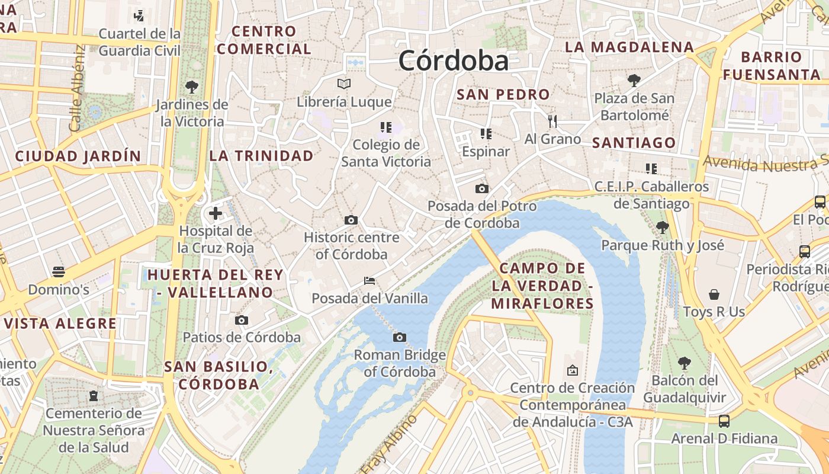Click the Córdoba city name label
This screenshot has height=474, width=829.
[x=453, y=60]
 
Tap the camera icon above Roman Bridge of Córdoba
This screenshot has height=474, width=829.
[x=400, y=337]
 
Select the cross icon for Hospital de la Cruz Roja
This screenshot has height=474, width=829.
[x=216, y=213]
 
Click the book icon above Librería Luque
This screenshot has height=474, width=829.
[x=344, y=84]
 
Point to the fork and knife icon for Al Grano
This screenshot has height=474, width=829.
[x=552, y=121]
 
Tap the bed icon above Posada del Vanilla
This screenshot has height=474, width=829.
[x=369, y=280]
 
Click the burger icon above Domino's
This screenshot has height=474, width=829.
[x=58, y=272]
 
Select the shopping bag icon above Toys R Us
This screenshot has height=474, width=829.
[x=714, y=294]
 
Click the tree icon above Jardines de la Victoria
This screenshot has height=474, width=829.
[x=191, y=87]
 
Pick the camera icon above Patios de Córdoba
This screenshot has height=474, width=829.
[x=241, y=320]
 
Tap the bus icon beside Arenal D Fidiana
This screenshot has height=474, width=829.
[x=724, y=421]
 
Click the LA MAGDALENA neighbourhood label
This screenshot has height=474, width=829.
[x=629, y=47]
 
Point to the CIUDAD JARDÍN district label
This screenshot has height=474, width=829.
[x=78, y=156]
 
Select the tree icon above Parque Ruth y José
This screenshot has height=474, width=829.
[x=662, y=227]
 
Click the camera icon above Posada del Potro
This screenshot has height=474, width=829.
[x=482, y=188]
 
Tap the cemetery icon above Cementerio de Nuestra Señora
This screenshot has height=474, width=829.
[x=93, y=395]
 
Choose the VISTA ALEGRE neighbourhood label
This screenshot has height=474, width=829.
[x=60, y=324]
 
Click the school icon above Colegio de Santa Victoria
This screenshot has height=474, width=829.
[x=386, y=127]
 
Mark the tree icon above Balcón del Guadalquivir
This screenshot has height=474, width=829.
[x=685, y=363]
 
